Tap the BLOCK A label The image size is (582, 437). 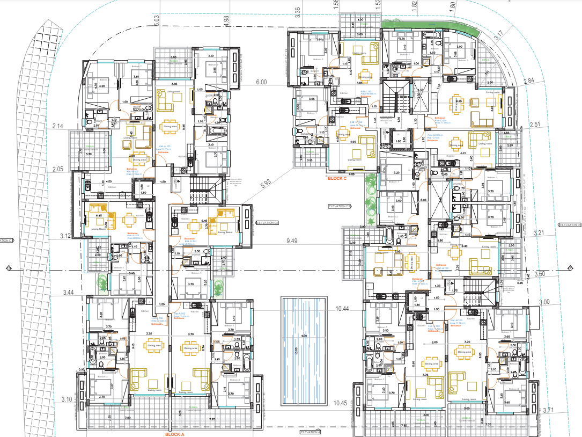tap(174, 434)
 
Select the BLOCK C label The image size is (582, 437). tap(338, 178)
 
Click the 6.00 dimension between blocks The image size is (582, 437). tap(261, 82)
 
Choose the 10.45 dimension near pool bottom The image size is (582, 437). tap(341, 403)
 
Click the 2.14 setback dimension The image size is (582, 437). tap(58, 126)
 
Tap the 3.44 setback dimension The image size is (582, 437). tap(68, 292)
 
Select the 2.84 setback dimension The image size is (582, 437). tap(529, 81)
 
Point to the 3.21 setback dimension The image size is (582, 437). tap(540, 233)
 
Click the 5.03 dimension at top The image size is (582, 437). tap(157, 20)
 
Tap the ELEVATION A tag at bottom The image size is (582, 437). tap(311, 432)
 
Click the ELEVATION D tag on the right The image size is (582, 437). tap(570, 224)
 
